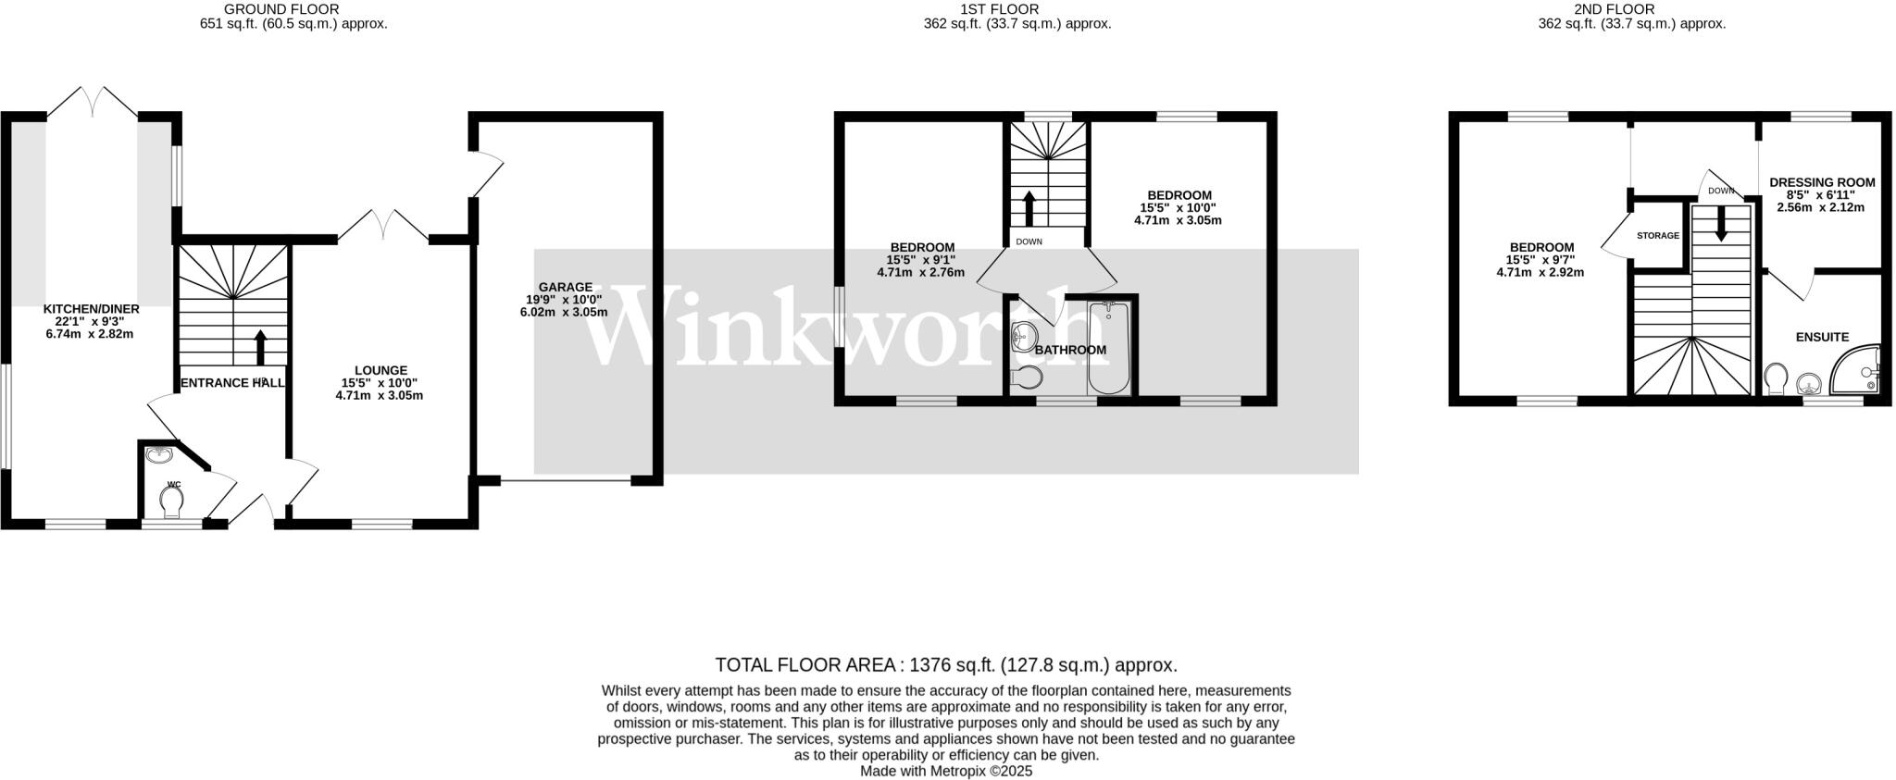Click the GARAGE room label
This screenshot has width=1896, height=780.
(x=565, y=287)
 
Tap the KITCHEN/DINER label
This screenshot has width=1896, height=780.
(x=91, y=308)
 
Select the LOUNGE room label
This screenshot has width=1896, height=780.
(x=380, y=370)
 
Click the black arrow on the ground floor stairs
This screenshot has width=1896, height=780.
(x=260, y=347)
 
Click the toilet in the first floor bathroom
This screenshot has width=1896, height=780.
(x=1027, y=377)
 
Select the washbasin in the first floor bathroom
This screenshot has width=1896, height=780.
(x=1022, y=335)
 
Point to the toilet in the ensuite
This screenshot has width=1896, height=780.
(x=1776, y=378)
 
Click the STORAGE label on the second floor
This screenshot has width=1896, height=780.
(x=1657, y=236)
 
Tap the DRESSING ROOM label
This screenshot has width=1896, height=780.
(x=1821, y=182)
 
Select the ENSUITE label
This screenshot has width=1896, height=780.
(x=1822, y=338)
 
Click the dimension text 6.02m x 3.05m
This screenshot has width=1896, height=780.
(x=564, y=313)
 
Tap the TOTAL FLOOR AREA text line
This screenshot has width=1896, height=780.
(x=946, y=665)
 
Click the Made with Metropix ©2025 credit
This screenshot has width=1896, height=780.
(x=946, y=771)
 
